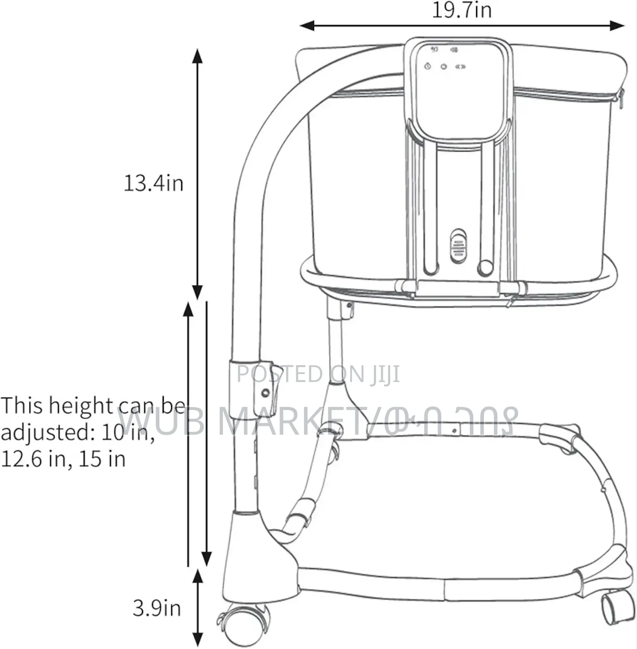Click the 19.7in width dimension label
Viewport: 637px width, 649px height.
coord(462,10)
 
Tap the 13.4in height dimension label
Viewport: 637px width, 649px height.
coord(154,183)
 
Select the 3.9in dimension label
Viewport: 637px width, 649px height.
coord(157,608)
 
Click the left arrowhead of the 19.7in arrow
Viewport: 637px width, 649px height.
coord(306,26)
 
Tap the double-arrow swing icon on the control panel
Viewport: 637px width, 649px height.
coord(461,67)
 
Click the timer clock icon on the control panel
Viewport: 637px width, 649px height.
coord(427,66)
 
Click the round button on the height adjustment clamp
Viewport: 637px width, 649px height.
coord(265,393)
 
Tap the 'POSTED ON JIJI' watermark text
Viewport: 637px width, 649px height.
coord(318,374)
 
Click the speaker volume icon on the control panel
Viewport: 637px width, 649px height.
coord(454,50)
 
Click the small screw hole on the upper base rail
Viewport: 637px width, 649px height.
coord(455,431)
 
